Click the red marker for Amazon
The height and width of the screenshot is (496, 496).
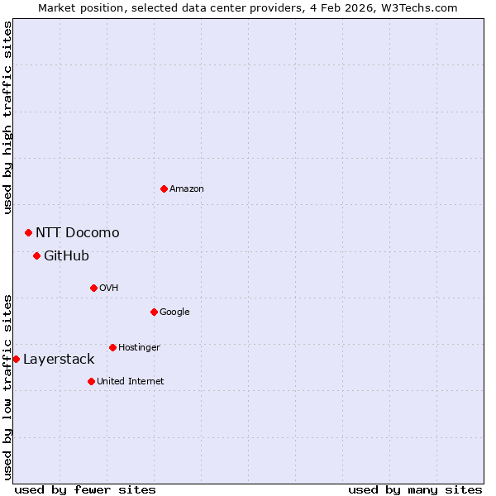pos(164,189)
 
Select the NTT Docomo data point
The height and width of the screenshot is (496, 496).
pos(28,233)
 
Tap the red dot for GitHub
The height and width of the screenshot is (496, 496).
pos(36,256)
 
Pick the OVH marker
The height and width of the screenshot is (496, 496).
pos(93,289)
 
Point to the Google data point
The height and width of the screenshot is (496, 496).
pos(154,312)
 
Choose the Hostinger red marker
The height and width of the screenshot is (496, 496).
pos(112,348)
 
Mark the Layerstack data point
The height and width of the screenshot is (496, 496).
pos(16,360)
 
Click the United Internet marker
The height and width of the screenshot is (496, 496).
pos(91,382)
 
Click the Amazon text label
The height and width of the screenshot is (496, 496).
pos(187,189)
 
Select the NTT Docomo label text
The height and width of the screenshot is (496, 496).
pos(77,233)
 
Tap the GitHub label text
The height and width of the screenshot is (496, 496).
pos(66,256)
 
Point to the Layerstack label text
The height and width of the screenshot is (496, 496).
pos(59,360)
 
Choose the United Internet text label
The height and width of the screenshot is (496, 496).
pos(130,382)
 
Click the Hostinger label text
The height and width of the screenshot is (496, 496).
pos(139,348)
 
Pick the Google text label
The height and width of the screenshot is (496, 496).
pos(174,312)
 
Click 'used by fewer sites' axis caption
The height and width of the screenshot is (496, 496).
pos(85,489)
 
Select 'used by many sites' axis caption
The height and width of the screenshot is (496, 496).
pos(415,489)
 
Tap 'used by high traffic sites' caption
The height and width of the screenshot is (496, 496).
pos(7,117)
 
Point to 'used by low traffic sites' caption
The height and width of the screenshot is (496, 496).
pos(7,387)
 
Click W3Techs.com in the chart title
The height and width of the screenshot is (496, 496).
pos(427,7)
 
